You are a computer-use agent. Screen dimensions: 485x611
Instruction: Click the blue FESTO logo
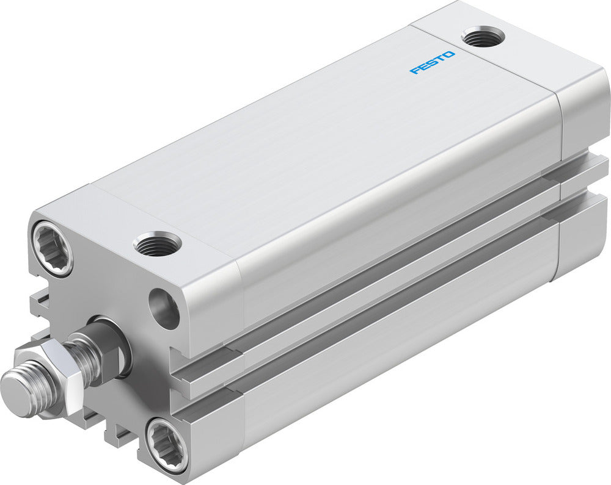pos(433,63)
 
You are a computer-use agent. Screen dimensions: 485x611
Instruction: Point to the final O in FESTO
pos(450,55)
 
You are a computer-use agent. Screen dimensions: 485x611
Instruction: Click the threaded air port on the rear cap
pos(483,37)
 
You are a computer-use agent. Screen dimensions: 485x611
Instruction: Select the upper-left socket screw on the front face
pos(53,247)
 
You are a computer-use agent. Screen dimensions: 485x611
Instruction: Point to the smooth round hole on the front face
pos(164,309)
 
